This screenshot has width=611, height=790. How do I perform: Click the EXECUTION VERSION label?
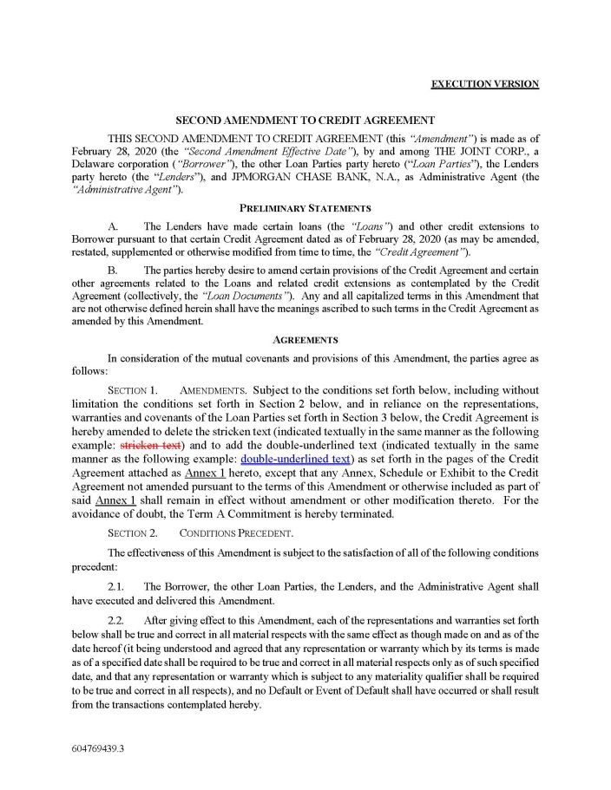tap(484, 84)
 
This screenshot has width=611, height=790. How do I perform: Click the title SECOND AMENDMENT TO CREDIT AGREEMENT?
tap(305, 121)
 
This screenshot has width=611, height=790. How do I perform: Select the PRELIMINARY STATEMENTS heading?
tap(305, 208)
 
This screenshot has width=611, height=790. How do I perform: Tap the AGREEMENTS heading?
tap(305, 340)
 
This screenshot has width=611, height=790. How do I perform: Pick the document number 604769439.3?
tap(97, 746)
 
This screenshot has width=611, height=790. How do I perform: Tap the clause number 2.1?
tap(115, 587)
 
